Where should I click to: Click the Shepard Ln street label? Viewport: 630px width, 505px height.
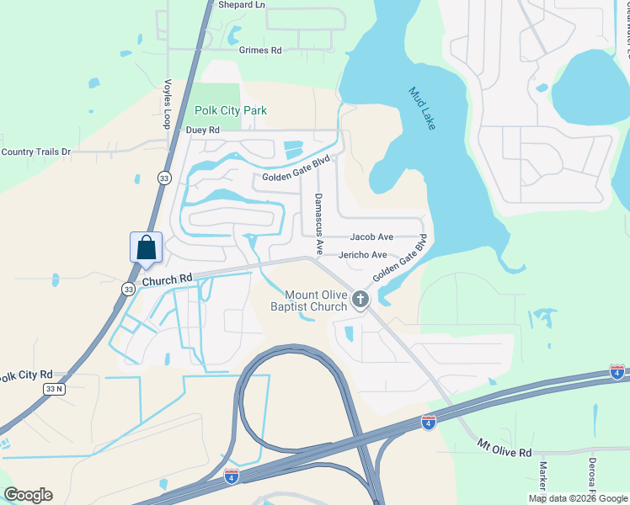241,5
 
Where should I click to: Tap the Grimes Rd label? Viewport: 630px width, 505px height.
260,50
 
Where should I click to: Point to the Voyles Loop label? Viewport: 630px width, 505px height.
167,104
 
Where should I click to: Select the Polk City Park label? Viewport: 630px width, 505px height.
231,110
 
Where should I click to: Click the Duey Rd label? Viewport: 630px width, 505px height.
202,130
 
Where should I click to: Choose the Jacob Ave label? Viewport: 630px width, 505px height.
371,237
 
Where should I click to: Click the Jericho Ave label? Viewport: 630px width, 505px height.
363,255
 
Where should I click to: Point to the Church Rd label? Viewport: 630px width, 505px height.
167,279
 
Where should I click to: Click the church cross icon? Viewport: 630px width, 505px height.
360,299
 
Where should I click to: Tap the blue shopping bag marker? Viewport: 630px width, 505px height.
146,247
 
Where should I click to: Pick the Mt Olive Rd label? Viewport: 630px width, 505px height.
505,447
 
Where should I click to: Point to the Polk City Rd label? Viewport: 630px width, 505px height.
26,375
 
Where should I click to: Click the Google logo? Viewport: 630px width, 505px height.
28,495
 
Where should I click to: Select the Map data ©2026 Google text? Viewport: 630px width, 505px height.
579,498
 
